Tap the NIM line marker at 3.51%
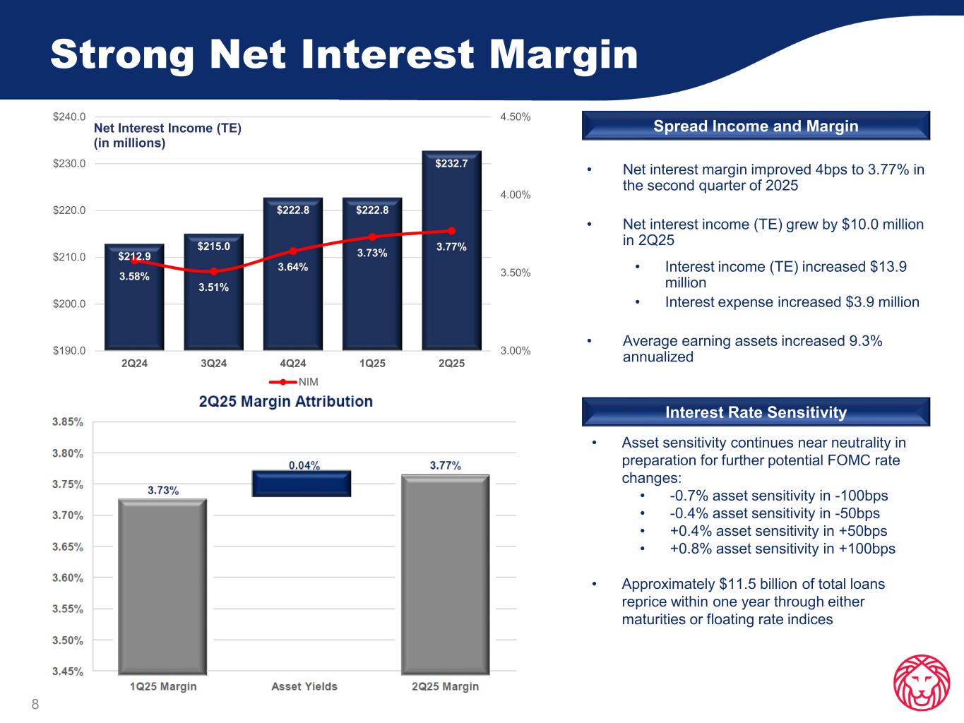pos(213,271)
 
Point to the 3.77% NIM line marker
pos(451,230)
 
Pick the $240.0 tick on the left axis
pos(69,116)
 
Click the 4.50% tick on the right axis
pos(515,116)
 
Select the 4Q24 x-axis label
pos(293,364)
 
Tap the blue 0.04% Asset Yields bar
pos(302,484)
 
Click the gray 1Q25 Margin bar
pos(162,586)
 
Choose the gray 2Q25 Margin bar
pos(445,573)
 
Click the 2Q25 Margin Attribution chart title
pos(285,401)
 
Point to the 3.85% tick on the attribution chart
pos(68,422)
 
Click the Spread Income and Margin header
pos(756,126)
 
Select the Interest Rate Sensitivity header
pos(756,412)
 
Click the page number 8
pos(35,704)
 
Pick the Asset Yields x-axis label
pos(304,686)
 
